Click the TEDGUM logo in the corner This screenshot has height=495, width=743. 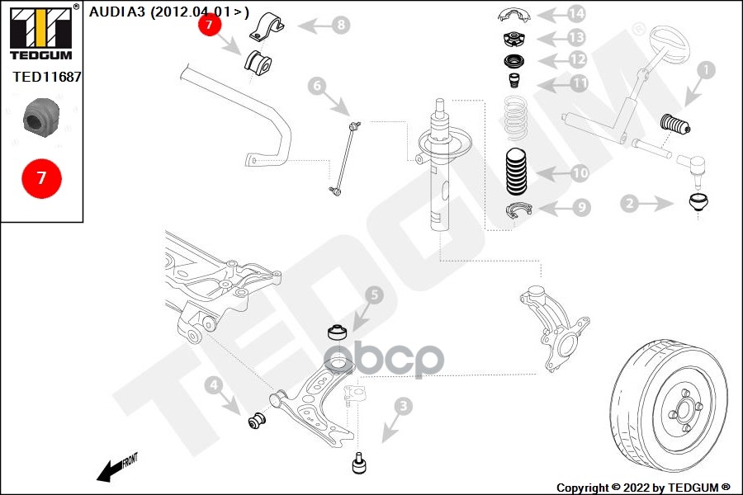tap(42, 32)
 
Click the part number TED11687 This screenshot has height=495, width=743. tap(46, 77)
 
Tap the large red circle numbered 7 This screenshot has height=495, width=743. tap(42, 178)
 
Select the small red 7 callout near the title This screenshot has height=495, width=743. tap(210, 24)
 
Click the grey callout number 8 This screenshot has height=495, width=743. tap(341, 24)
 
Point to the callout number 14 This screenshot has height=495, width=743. tap(575, 14)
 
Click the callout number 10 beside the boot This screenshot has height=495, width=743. tap(580, 173)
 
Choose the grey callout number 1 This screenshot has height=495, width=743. tap(706, 70)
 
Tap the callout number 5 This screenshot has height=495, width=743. tap(374, 295)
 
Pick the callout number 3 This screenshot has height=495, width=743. tap(403, 406)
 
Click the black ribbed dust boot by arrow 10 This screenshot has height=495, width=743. tap(516, 172)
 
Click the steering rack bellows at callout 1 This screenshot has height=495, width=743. tap(675, 124)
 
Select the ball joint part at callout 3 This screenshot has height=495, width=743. tap(360, 464)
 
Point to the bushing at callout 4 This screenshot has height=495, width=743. tap(258, 420)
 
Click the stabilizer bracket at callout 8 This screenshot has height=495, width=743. tap(267, 26)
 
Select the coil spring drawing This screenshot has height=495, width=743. tap(515, 117)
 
